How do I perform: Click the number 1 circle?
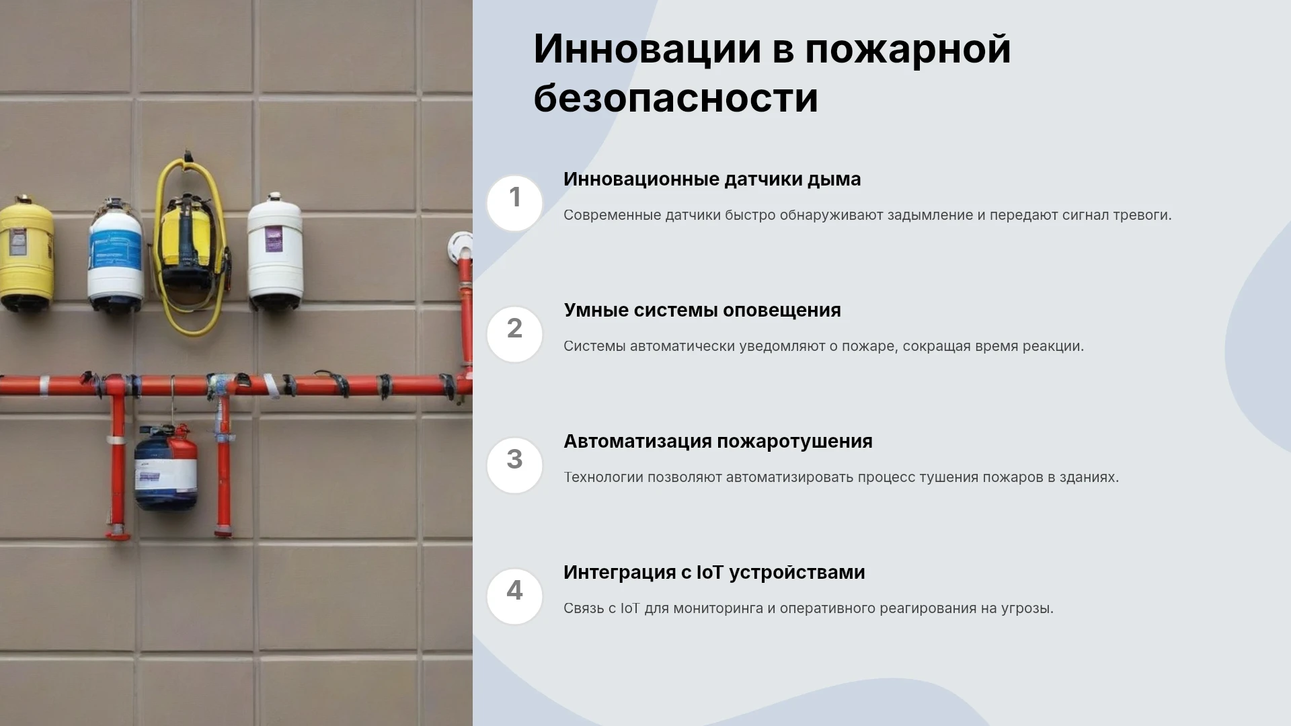coord(514,203)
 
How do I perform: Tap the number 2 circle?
coord(514,334)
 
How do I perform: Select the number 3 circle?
coord(514,465)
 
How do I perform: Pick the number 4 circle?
coord(514,596)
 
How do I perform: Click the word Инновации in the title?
coord(648,49)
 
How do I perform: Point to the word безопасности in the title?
coord(676,98)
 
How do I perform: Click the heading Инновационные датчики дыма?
coord(712,179)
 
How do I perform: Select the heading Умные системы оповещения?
coord(702,311)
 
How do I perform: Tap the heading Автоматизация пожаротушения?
coord(718,442)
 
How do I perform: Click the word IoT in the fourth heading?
coord(709,572)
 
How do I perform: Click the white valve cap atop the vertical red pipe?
coord(461,245)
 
